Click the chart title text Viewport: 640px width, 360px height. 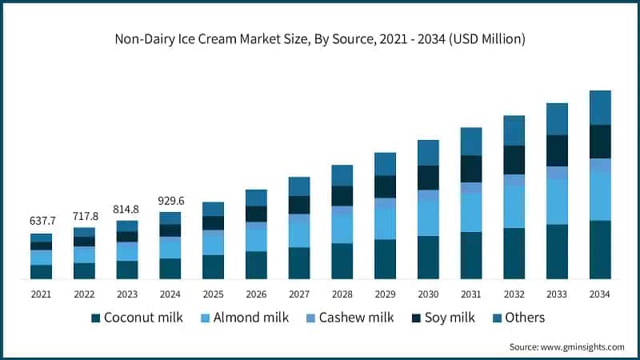[320, 38]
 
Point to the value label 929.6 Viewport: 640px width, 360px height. [170, 200]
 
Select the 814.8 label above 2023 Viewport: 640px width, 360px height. [126, 209]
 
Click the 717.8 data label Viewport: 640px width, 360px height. [84, 216]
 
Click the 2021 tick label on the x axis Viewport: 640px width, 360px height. [41, 294]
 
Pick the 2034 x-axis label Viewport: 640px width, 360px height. [599, 294]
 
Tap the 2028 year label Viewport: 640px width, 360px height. [342, 294]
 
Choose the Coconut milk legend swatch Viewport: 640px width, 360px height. [96, 318]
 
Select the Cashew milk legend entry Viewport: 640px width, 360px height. [356, 318]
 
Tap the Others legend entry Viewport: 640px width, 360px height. [524, 318]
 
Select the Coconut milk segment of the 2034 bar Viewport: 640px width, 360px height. [599, 250]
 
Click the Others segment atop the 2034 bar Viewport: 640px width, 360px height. [599, 107]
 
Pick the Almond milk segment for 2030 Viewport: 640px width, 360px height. [428, 218]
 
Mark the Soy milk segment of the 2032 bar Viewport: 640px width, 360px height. [514, 160]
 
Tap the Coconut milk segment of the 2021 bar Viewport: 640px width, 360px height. [41, 271]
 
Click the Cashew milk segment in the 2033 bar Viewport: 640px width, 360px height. [556, 172]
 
